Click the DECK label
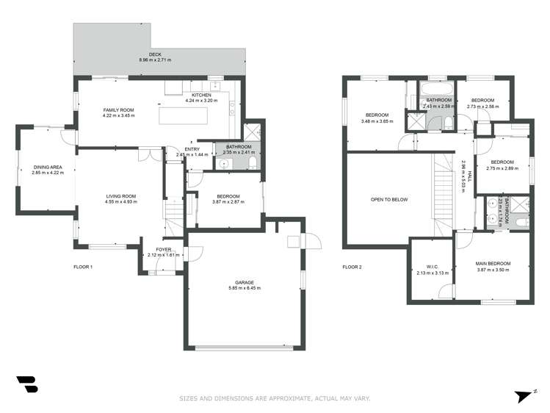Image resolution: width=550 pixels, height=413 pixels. pos(154,54)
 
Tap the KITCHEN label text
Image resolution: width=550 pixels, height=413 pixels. pos(201,96)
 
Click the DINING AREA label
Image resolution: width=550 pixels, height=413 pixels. pos(47,168)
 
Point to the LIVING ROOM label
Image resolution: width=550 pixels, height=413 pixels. pos(121,196)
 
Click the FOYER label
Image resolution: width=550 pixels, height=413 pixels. pos(163,249)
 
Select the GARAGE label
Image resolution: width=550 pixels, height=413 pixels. pos(245,281)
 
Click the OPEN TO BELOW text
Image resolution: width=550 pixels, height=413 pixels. pos(388,200)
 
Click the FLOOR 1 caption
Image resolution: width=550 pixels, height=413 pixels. pos(83,267)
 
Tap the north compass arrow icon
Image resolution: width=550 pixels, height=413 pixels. pos(523,395)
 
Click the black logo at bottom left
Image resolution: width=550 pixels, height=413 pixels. pos(26,384)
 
